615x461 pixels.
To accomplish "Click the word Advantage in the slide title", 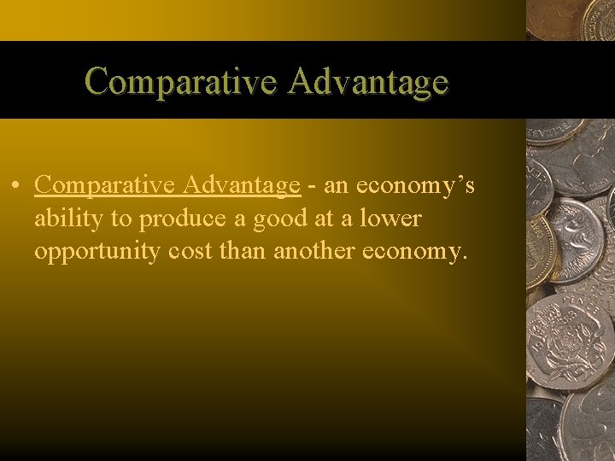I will pyautogui.click(x=368, y=82).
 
